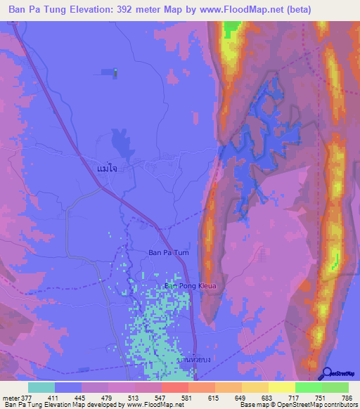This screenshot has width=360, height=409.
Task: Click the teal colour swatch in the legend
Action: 41,387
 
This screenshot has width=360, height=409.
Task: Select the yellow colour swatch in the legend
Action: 281,387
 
